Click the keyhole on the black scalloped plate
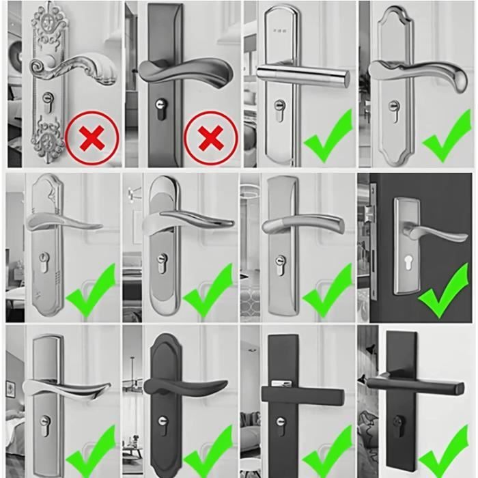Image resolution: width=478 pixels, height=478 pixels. tap(161, 424)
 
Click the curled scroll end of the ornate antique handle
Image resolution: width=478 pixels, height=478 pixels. tap(40, 67)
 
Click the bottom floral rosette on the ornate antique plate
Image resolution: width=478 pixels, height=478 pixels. tap(46, 144)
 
